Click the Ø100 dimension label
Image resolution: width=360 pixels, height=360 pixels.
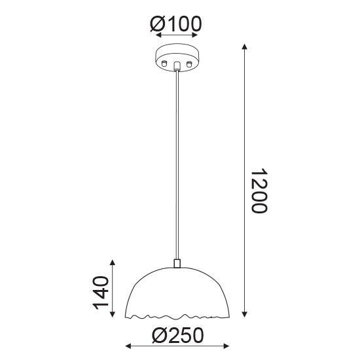(x=176, y=24)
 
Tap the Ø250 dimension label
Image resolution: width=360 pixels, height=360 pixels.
(x=177, y=335)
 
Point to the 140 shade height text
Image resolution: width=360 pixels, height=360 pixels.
(x=100, y=293)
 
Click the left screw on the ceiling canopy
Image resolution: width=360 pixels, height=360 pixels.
(x=164, y=63)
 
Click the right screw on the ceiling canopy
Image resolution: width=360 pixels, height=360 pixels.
(x=189, y=63)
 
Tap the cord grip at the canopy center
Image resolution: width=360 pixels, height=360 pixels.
(x=177, y=65)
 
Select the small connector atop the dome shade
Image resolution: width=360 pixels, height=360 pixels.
(x=177, y=264)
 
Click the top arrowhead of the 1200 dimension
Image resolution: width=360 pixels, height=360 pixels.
(x=245, y=46)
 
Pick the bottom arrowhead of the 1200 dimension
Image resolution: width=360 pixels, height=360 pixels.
(x=245, y=314)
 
